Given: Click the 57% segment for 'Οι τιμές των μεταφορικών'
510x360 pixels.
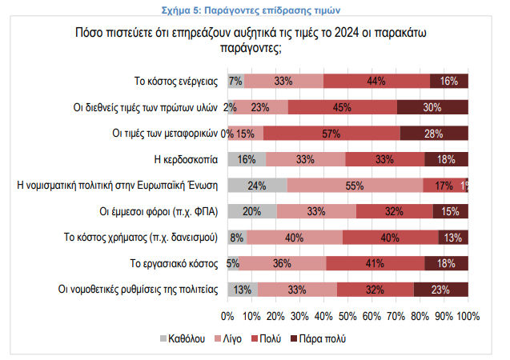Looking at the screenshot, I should (x=331, y=133).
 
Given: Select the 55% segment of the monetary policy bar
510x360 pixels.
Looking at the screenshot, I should (x=355, y=185).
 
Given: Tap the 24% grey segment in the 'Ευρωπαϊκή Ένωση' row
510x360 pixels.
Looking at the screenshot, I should (x=257, y=185).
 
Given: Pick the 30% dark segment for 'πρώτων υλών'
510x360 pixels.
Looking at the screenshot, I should (x=432, y=107).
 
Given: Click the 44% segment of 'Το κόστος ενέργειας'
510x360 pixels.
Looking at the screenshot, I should (x=377, y=81).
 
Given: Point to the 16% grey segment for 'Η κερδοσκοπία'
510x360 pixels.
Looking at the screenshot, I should (x=247, y=159).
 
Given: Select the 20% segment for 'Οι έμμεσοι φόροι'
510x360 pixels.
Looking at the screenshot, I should (x=252, y=211).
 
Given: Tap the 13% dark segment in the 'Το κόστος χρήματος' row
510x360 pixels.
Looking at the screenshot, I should (x=453, y=237).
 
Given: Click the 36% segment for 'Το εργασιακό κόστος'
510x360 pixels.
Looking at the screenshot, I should (x=283, y=263).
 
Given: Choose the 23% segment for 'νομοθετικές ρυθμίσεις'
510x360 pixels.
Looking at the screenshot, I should (x=441, y=289).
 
